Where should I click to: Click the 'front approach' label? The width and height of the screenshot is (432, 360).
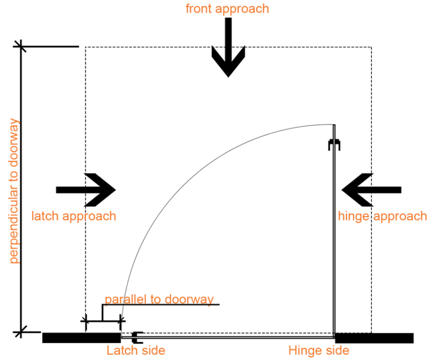coord(227,8)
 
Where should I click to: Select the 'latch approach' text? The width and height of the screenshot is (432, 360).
coord(74,216)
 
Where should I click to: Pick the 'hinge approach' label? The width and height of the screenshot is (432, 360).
coord(382,216)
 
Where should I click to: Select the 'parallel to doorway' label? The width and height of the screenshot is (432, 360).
coord(159,299)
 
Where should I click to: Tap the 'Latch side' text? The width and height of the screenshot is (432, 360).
coord(136,350)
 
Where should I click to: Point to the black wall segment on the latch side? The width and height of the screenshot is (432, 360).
coord(81,337)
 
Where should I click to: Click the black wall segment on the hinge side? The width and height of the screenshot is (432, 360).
coord(374,337)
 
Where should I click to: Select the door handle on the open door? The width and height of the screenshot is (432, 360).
coord(335,145)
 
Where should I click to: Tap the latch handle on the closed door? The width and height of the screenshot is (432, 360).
coord(137,337)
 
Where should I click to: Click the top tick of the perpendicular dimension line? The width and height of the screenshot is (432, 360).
coord(21,46)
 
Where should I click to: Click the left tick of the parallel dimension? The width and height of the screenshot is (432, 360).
coord(85,322)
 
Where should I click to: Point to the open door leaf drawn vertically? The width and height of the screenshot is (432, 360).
coord(334,236)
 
